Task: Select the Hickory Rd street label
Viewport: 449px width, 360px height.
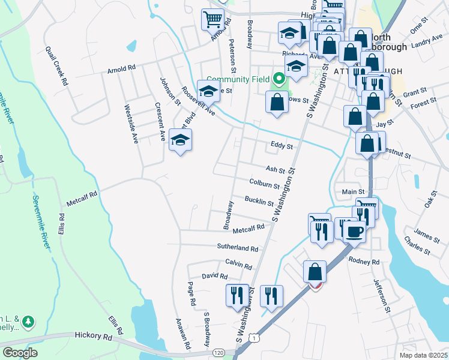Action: click(94, 337)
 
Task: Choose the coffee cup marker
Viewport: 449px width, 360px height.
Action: click(354, 230)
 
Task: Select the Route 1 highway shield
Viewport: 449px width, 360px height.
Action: click(257, 340)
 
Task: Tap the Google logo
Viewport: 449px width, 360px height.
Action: click(20, 353)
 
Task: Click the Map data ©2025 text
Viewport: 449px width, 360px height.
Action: click(422, 355)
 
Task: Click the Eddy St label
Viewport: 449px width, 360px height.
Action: click(282, 146)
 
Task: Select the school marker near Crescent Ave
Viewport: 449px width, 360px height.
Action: click(180, 142)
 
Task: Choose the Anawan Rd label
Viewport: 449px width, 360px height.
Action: click(182, 334)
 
